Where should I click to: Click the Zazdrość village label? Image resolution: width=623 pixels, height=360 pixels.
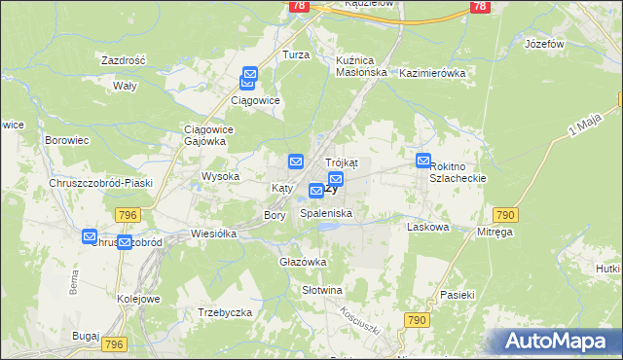(123, 60)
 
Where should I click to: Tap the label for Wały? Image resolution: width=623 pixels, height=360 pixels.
(124, 86)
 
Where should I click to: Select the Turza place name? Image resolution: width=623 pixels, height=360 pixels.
(296, 55)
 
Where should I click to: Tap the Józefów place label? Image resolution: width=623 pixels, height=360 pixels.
(544, 45)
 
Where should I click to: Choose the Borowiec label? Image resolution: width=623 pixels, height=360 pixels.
(67, 140)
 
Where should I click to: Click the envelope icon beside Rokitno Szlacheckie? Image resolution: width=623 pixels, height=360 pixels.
(423, 161)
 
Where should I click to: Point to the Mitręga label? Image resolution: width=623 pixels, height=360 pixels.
(495, 233)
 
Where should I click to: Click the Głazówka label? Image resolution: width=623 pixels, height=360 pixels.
(303, 262)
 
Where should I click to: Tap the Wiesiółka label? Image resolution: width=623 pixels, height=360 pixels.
(215, 234)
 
